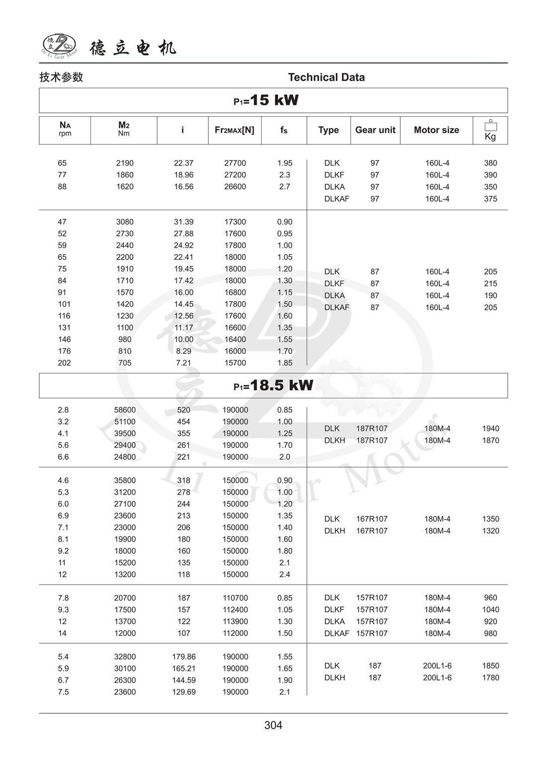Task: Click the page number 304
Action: (273, 725)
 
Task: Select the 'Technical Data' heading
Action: (326, 77)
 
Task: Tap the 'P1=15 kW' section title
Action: (266, 100)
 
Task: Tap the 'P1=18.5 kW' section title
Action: (273, 385)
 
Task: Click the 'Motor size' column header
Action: (436, 130)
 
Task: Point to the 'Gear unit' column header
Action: (375, 130)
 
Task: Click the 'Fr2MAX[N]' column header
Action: (234, 130)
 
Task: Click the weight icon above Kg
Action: (490, 125)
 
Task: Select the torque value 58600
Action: (125, 410)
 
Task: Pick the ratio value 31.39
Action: (183, 222)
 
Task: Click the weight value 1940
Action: (490, 429)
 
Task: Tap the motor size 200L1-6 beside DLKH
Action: (437, 678)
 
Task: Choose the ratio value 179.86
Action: (183, 657)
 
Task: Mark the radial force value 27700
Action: (235, 163)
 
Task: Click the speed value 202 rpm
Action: (64, 363)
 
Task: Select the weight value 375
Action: (490, 199)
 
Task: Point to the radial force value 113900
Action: (235, 621)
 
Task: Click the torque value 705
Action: (125, 363)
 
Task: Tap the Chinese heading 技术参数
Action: (61, 77)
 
